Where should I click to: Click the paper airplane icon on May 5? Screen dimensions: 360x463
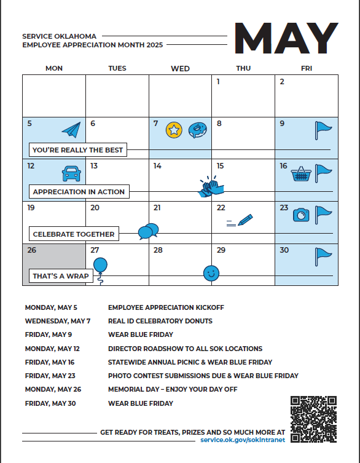pos(72,130)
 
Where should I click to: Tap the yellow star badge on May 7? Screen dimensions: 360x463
pos(174,130)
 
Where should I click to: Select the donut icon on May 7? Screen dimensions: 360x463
pos(197,130)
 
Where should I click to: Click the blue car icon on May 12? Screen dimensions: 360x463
pos(71,173)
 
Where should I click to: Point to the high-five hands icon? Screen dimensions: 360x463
pos(211,187)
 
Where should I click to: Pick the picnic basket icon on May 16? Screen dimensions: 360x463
pos(301,173)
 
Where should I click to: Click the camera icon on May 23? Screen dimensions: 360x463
pos(301,215)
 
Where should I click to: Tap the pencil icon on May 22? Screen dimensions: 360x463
pos(240,220)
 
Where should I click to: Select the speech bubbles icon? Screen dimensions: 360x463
pos(149,231)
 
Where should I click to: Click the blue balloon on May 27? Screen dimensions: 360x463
pos(100,265)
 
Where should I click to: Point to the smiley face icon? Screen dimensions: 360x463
pos(211,273)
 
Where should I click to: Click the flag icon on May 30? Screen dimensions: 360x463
pos(323,256)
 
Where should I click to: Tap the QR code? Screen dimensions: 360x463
pos(314,419)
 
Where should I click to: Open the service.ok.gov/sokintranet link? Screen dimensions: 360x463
pos(243,440)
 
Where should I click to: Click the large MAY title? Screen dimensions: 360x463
pos(286,38)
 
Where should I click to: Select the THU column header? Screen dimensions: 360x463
pos(243,68)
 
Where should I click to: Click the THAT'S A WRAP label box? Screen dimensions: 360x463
pos(61,276)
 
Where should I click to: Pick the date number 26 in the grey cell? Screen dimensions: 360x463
pos(31,250)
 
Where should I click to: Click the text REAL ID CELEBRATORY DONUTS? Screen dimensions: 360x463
pos(160,321)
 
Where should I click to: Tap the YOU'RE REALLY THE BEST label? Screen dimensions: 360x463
pos(78,150)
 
